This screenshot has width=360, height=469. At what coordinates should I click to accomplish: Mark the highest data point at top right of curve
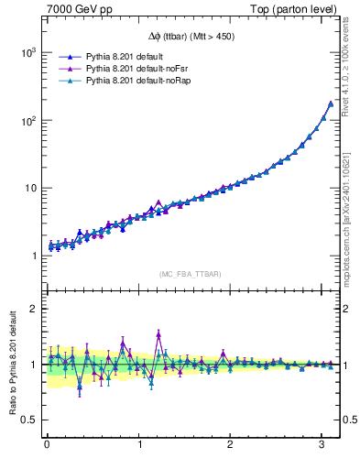pyautogui.click(x=330, y=104)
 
